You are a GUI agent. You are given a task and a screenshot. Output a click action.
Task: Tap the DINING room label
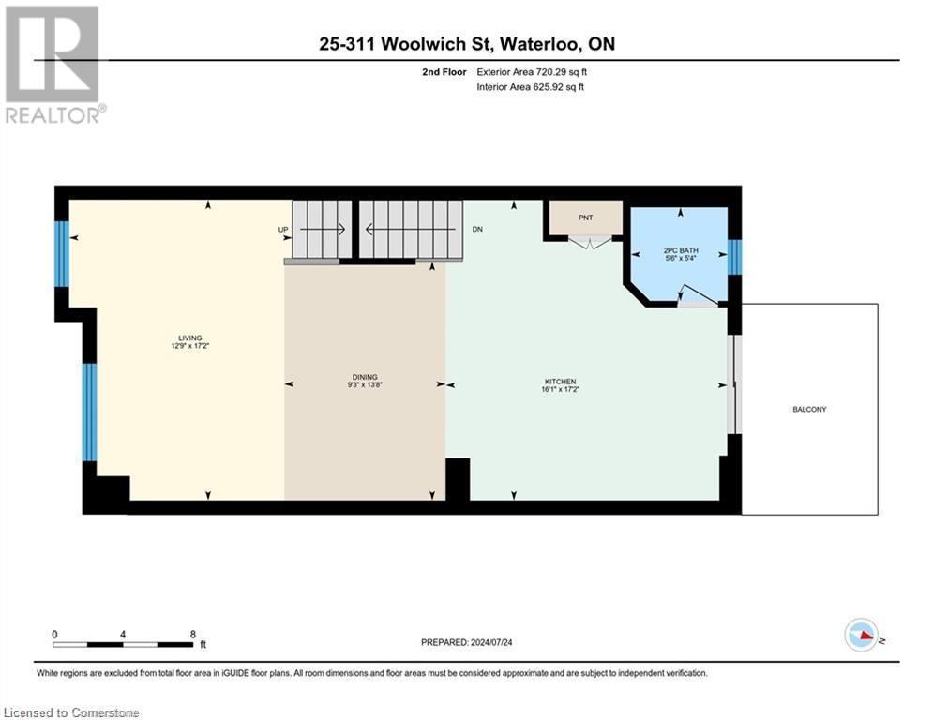(365, 377)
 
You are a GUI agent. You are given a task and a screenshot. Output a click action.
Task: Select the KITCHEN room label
(561, 382)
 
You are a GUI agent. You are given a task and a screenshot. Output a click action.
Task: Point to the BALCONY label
(809, 410)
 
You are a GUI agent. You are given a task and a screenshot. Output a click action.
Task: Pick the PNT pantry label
(586, 217)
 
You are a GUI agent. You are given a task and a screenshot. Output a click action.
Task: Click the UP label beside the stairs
(283, 229)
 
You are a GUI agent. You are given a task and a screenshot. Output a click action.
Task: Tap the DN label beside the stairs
(477, 229)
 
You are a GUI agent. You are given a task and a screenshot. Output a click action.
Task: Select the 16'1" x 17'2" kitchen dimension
(561, 389)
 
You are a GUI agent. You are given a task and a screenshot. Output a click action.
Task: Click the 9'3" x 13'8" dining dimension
(365, 385)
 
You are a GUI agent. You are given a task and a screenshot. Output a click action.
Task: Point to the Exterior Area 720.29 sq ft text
(532, 71)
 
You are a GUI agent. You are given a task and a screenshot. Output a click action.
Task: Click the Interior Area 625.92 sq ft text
(532, 87)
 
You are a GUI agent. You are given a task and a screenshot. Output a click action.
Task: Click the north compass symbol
(860, 635)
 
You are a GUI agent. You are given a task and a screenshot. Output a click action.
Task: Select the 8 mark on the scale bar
(192, 634)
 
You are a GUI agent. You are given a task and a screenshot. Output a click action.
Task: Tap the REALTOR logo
(53, 64)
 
